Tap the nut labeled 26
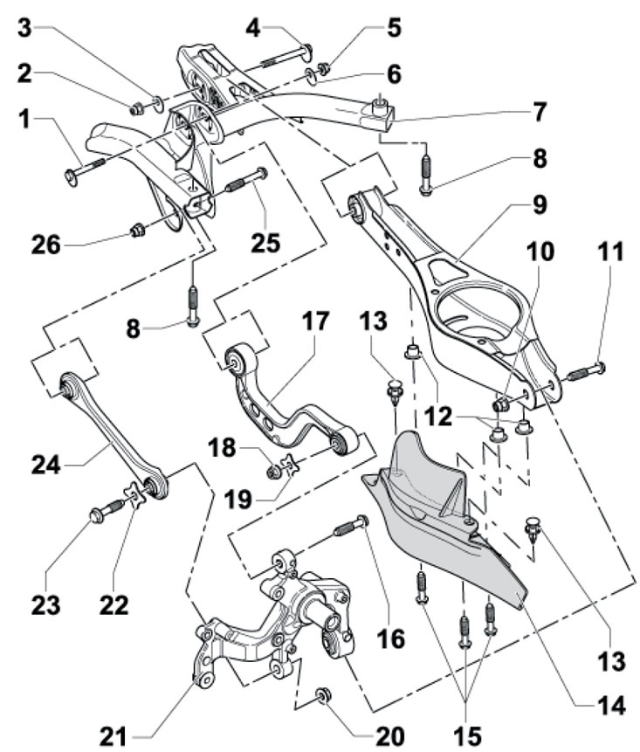136,231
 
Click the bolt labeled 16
350,528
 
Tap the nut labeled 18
273,472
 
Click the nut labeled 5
324,69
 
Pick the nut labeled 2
137,110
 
